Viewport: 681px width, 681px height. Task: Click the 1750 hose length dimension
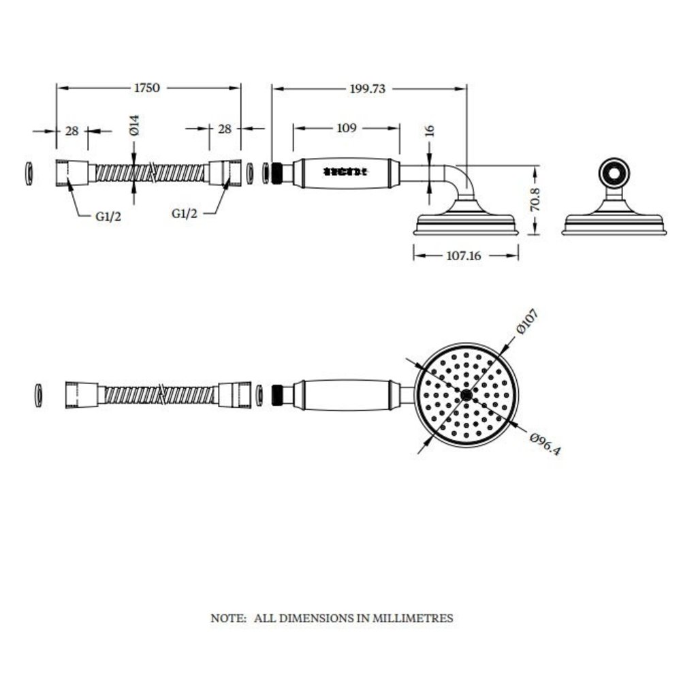(x=146, y=88)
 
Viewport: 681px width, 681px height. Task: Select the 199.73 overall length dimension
(x=368, y=89)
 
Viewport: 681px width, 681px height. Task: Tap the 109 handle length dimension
(x=347, y=128)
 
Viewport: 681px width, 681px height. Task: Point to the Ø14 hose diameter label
(x=134, y=125)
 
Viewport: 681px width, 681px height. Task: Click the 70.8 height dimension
(x=535, y=200)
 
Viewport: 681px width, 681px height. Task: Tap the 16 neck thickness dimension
(x=429, y=131)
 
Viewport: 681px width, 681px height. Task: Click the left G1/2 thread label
(x=108, y=217)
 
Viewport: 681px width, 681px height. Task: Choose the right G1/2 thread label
(x=185, y=213)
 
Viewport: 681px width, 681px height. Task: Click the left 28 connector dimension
(x=72, y=131)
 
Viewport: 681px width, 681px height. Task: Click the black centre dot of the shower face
(x=466, y=395)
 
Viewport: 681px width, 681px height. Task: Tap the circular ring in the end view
(x=614, y=173)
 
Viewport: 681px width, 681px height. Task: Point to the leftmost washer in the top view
(x=29, y=173)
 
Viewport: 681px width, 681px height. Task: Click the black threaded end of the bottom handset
(x=277, y=395)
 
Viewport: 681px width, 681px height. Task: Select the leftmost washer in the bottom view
(x=38, y=395)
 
